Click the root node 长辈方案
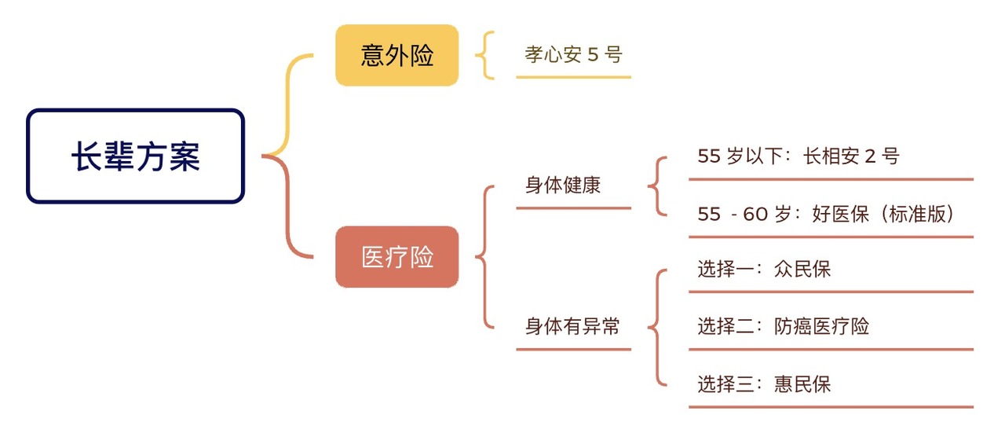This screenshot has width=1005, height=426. [136, 156]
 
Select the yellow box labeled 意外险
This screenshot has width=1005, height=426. [397, 55]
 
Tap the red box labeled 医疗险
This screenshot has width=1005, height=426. [397, 257]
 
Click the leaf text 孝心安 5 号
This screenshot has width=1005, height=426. [573, 55]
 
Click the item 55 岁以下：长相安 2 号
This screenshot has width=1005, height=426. [798, 156]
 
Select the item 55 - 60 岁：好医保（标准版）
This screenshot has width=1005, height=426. [826, 214]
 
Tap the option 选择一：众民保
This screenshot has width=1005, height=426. [763, 270]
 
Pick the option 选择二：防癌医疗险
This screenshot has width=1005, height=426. [783, 326]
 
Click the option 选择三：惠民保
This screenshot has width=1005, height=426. [763, 384]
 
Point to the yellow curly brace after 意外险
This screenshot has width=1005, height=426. [486, 55]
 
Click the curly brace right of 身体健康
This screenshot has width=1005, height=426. [658, 185]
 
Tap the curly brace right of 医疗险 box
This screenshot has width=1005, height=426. [485, 256]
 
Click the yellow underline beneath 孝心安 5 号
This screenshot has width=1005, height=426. [573, 77]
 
